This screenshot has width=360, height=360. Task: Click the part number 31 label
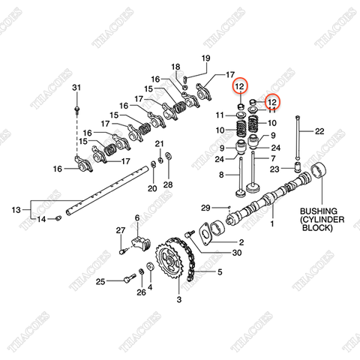click(x=76, y=89)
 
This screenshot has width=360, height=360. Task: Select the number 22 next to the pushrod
click(x=319, y=131)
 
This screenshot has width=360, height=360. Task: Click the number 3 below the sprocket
click(x=178, y=300)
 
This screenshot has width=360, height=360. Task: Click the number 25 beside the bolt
click(x=100, y=281)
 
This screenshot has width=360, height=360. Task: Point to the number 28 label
click(x=168, y=184)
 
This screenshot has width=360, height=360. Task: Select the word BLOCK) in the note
click(x=316, y=233)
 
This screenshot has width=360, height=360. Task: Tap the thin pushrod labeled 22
click(x=299, y=142)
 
